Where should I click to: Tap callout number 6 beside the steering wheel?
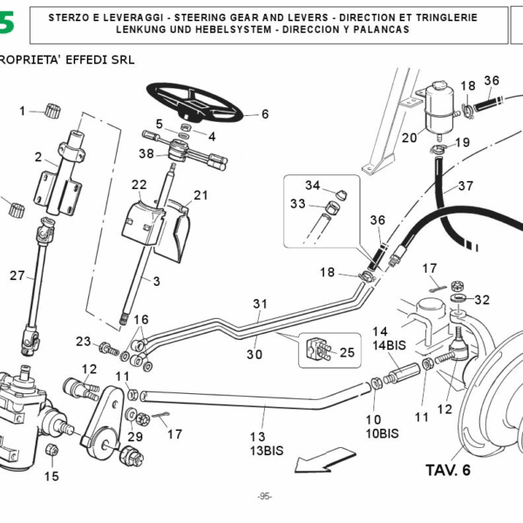pos(265,113)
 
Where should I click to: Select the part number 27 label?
pos(18,276)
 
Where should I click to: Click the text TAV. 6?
pos(447,471)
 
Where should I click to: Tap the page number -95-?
pos(265,497)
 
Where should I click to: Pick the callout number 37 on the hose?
pos(465,186)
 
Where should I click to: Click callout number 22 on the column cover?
pos(139,185)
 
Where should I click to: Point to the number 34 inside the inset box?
pos(312,185)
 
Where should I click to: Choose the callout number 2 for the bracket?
pos(38,157)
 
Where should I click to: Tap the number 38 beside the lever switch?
pos(146,153)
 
